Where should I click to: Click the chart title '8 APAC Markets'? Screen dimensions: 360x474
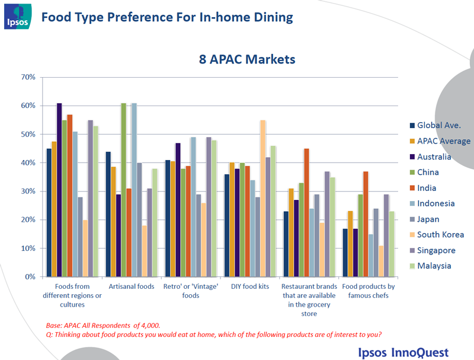247,59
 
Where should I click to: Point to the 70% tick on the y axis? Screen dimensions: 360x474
29,77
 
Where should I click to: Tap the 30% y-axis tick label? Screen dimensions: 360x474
29,191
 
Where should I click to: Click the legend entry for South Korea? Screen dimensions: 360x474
440,234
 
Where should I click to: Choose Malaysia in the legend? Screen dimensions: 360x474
436,265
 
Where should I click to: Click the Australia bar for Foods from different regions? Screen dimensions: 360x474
59,190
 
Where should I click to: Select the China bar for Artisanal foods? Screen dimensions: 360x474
123,190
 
